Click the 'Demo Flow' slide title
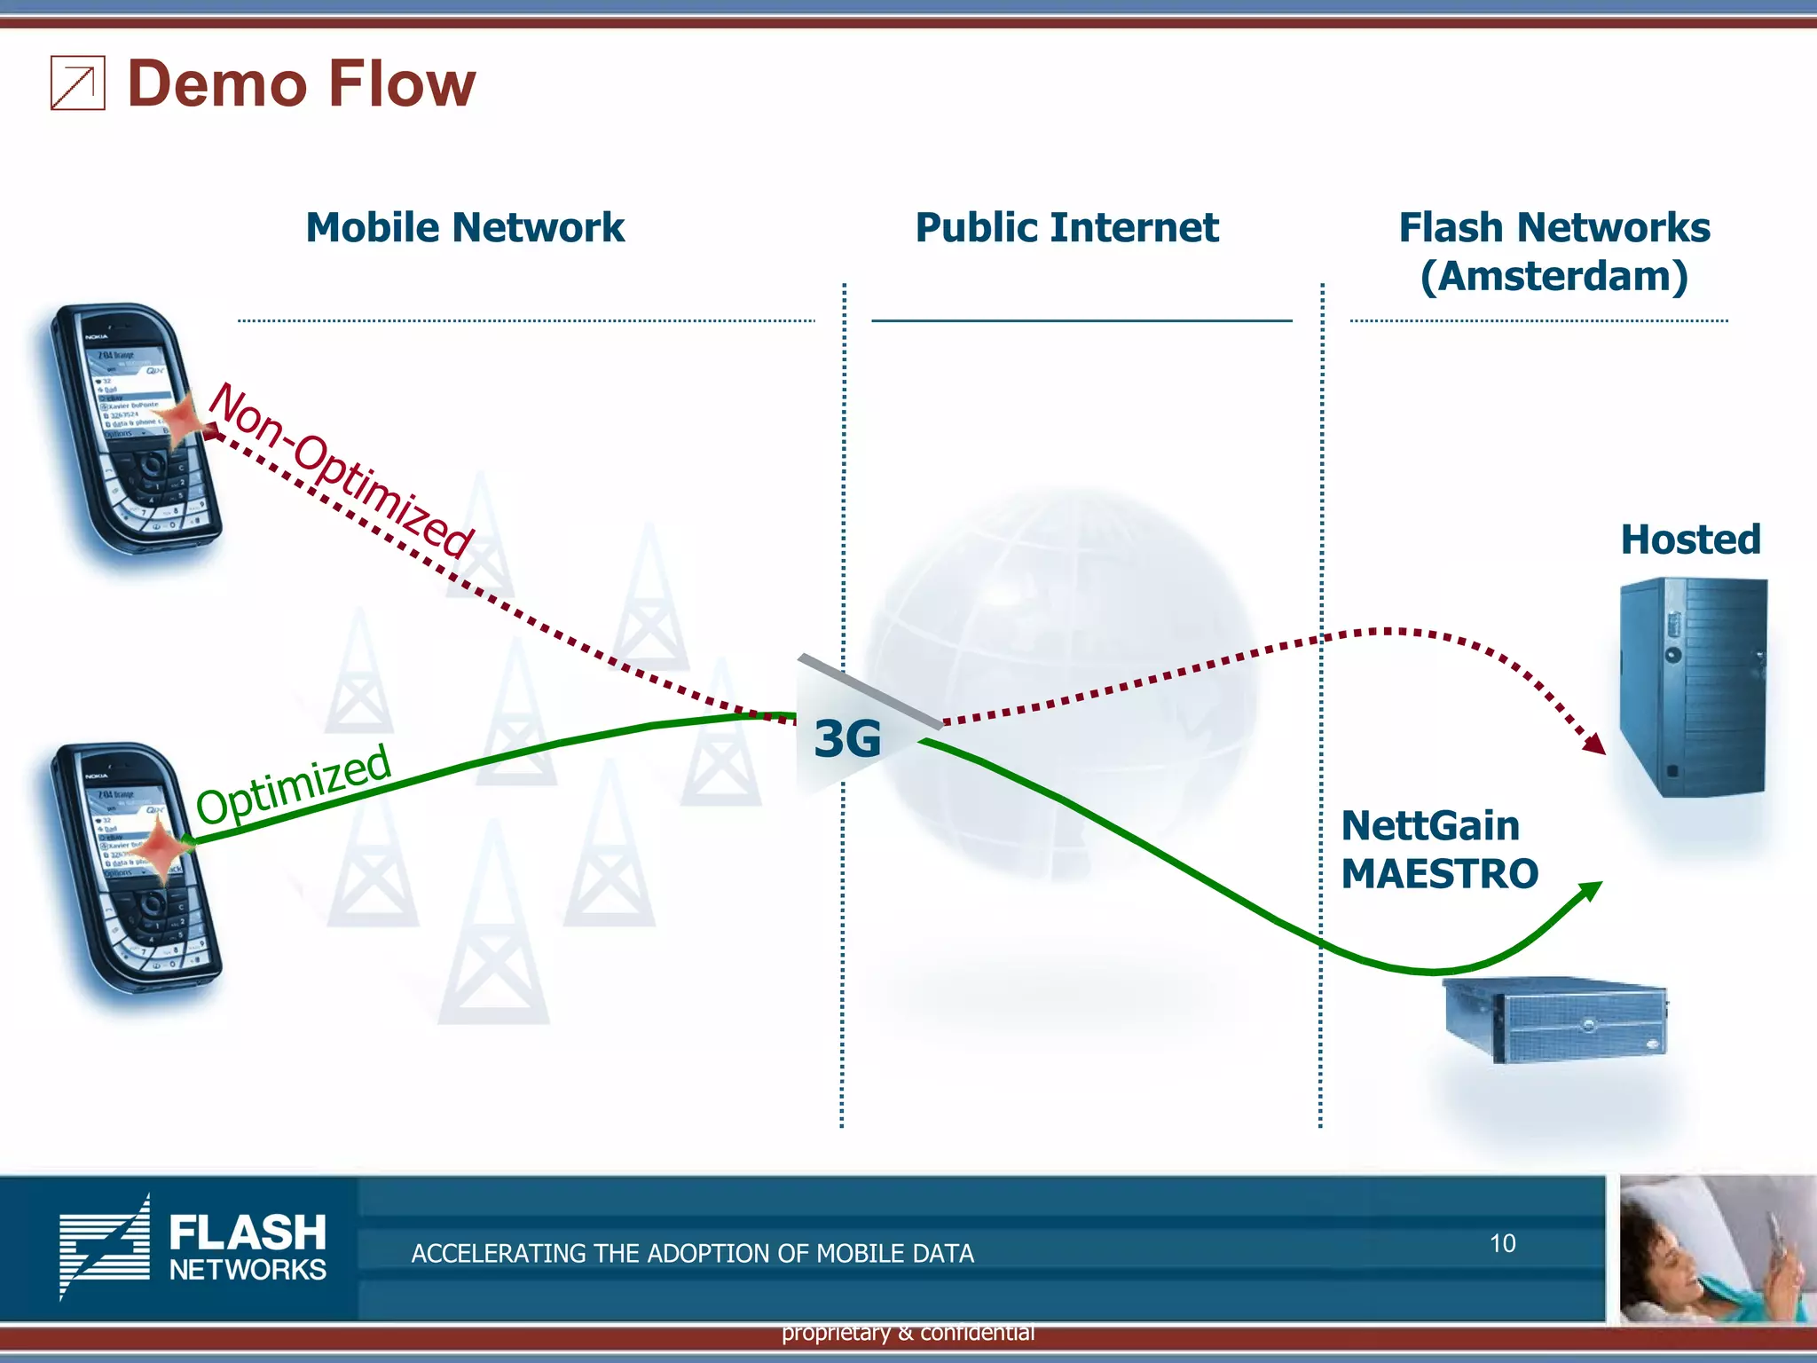point(302,84)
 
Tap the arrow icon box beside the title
point(78,83)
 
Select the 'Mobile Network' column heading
point(465,228)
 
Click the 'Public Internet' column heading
point(1066,228)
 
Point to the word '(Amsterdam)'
point(1553,277)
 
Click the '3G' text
point(847,739)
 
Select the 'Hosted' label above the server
point(1690,540)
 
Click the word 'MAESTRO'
point(1439,874)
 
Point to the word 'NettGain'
point(1430,826)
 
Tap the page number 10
point(1502,1244)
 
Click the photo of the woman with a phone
point(1717,1249)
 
